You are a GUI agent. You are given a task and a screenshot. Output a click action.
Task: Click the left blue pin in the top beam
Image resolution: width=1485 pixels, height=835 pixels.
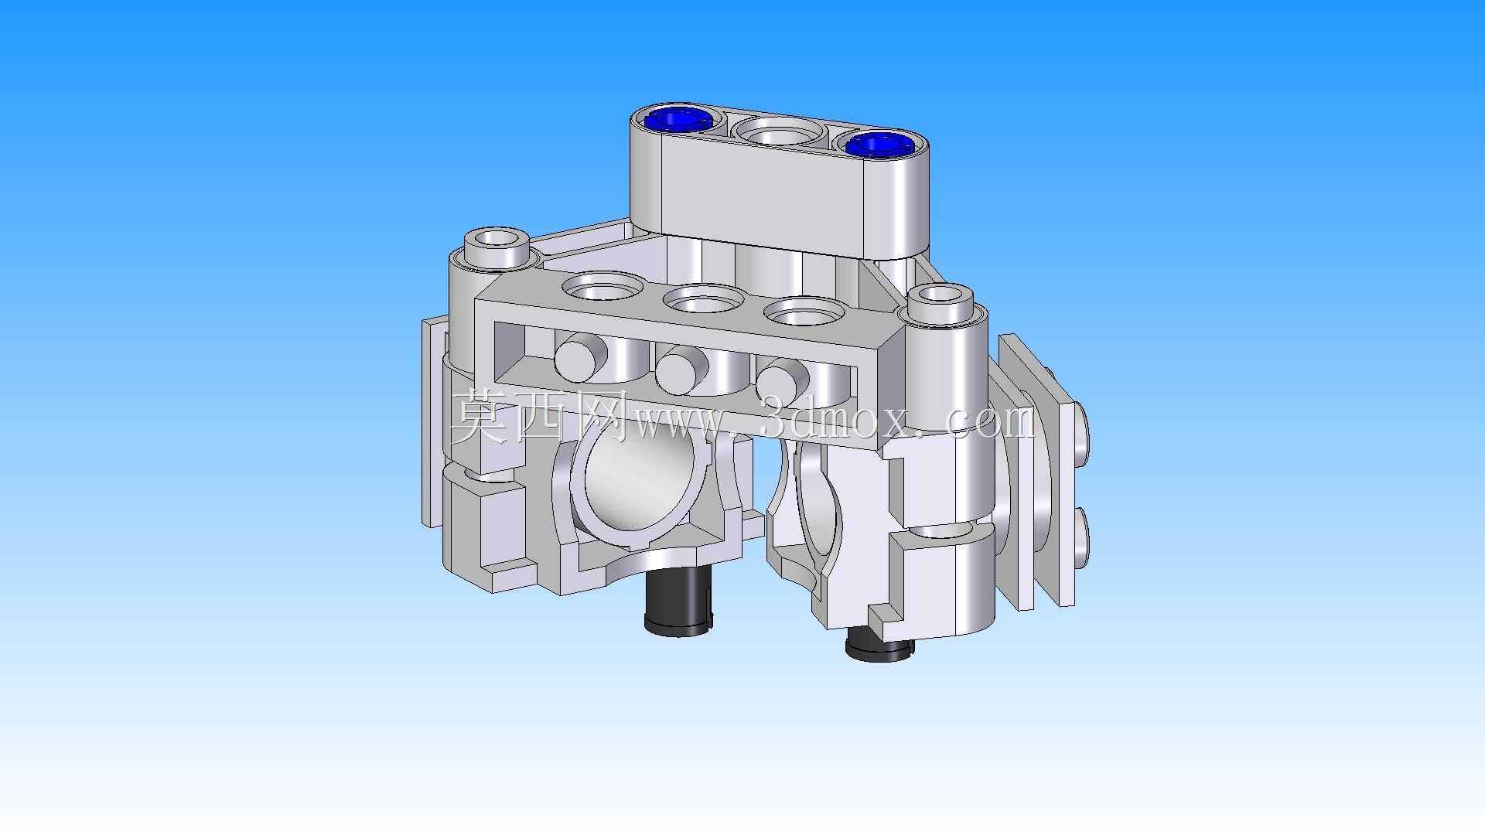click(x=678, y=120)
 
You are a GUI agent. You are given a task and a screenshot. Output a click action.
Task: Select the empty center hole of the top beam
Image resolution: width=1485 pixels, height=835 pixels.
click(x=777, y=132)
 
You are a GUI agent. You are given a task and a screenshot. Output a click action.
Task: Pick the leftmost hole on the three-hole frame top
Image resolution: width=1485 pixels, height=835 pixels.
click(x=603, y=287)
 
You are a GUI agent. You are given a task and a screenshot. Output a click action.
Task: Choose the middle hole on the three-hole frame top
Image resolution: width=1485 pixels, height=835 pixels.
click(x=704, y=299)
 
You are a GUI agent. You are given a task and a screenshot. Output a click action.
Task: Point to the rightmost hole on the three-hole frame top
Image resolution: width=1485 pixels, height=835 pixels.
click(x=804, y=312)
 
